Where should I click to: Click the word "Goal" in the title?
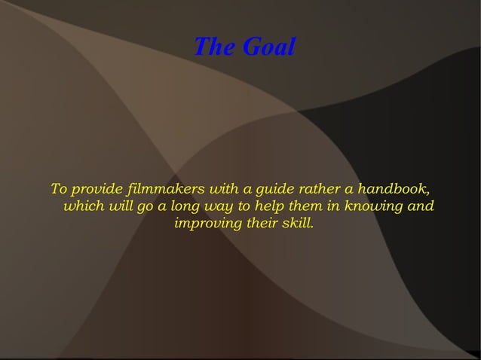tap(268, 47)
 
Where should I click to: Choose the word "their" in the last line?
tap(261, 224)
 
